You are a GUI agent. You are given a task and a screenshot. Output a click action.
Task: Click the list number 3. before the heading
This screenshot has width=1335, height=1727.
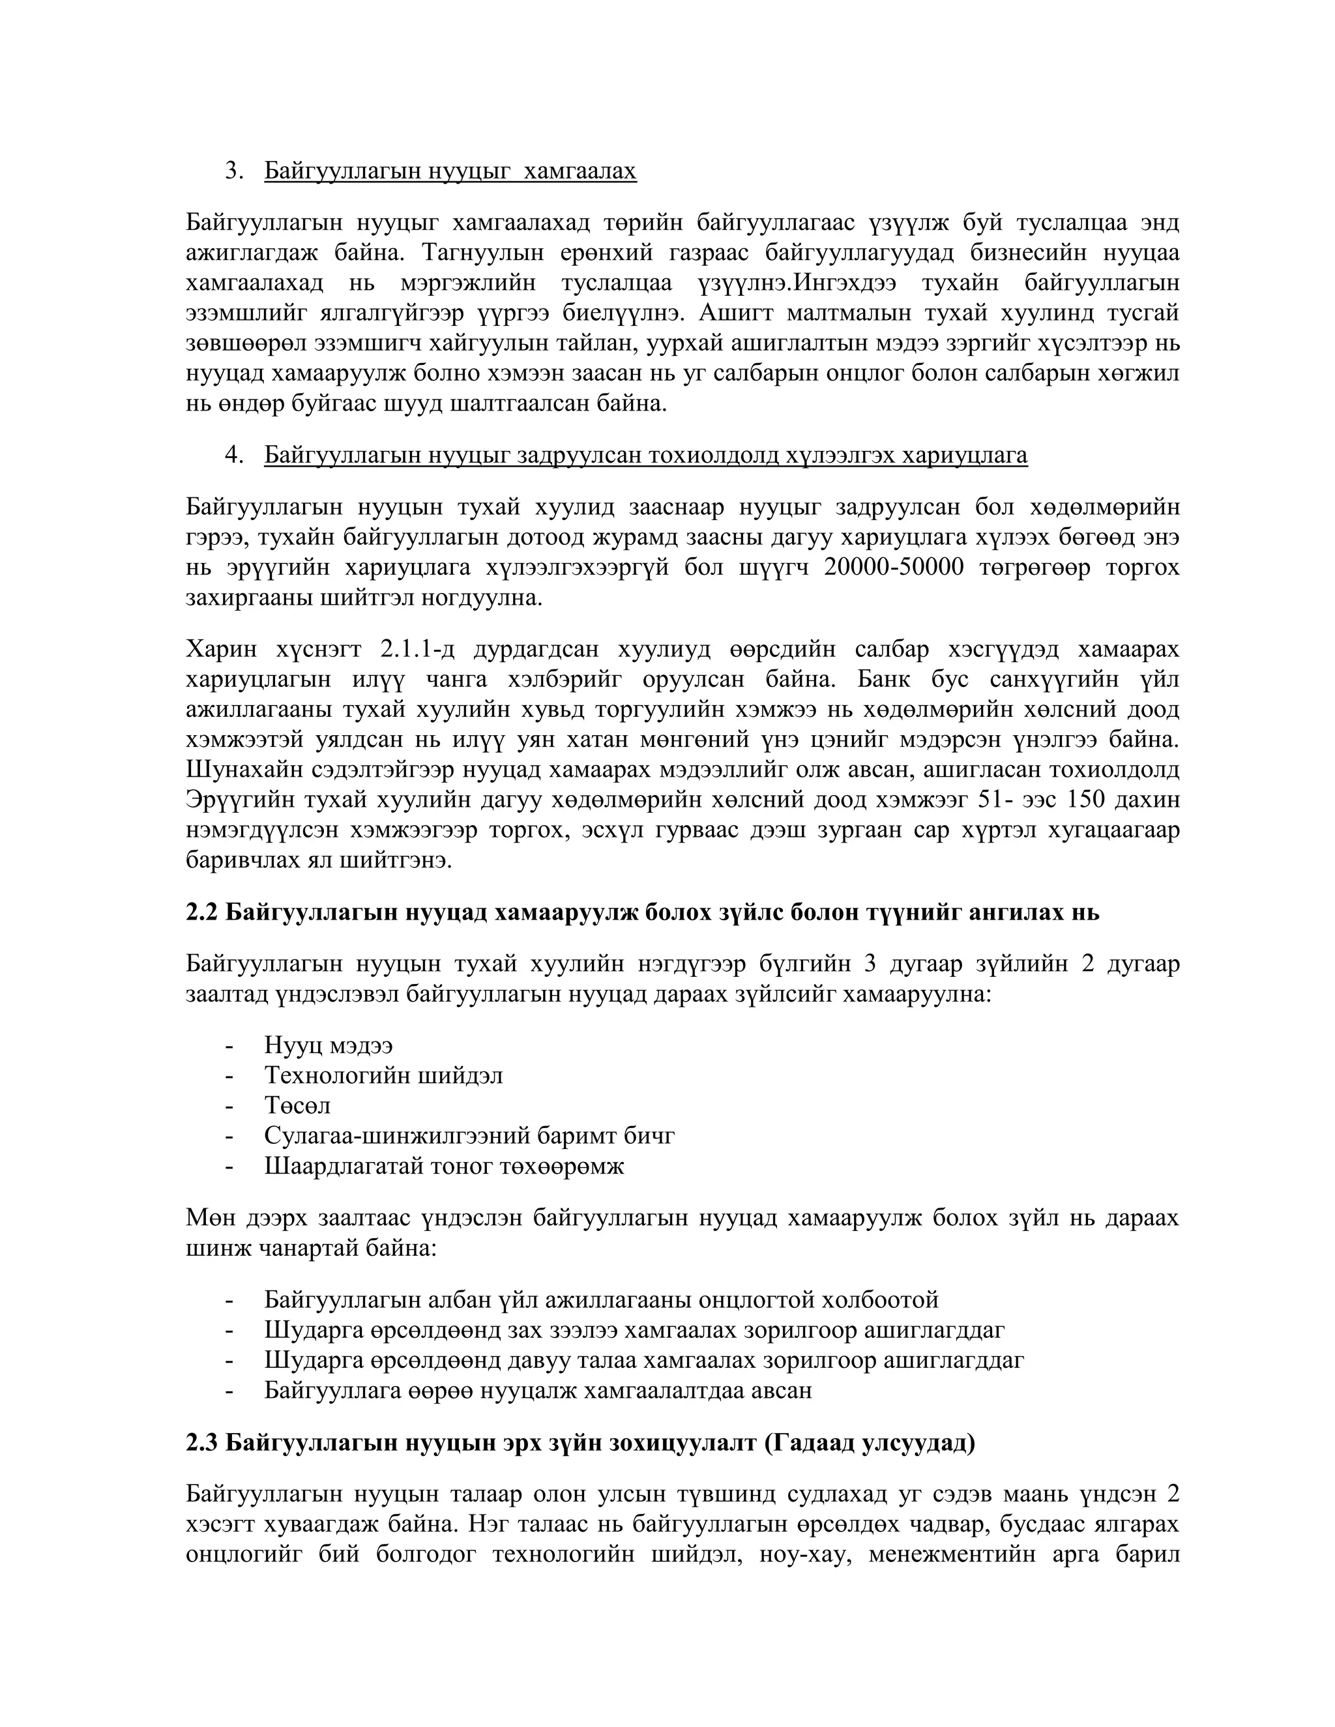(x=234, y=171)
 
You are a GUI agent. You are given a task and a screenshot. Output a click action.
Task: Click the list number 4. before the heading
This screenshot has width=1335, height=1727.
(x=234, y=456)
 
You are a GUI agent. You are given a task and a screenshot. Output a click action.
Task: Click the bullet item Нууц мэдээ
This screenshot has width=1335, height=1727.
(x=329, y=1045)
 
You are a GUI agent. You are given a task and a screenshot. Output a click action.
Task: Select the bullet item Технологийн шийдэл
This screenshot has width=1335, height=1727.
(x=383, y=1075)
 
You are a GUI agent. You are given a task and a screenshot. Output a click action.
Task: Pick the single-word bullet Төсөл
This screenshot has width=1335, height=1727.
(x=297, y=1105)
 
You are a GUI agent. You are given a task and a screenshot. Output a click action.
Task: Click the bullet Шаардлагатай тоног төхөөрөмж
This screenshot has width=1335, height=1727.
(x=445, y=1166)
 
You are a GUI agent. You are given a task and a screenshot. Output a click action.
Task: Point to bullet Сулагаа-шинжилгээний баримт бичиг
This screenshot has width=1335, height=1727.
(x=470, y=1135)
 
